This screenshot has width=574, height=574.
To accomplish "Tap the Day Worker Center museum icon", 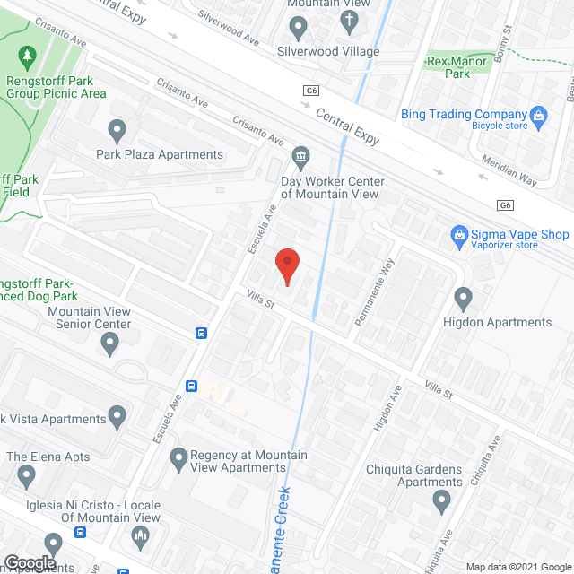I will click(x=300, y=158).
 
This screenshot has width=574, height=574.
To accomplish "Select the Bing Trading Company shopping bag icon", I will click(x=538, y=114).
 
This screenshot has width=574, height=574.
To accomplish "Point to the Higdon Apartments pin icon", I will click(x=464, y=297).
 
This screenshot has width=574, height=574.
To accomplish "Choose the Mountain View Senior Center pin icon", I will click(x=109, y=342).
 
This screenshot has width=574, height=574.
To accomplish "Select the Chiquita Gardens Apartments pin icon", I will click(x=439, y=502).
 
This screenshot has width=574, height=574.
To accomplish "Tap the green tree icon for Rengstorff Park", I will click(x=27, y=57).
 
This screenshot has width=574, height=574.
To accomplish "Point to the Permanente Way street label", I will click(x=375, y=291).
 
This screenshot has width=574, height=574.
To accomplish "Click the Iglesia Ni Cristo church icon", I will click(x=139, y=537).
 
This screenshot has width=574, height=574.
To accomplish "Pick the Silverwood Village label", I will click(x=328, y=51).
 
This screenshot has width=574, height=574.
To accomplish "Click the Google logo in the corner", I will click(x=30, y=563).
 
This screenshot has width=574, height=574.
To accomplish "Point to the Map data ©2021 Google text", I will click(x=518, y=566).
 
